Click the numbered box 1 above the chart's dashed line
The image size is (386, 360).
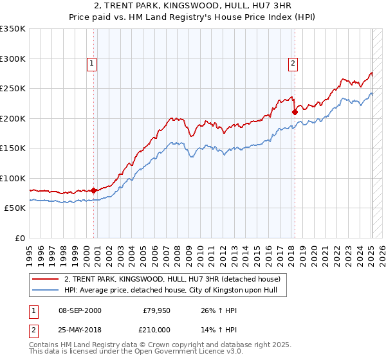click(93, 63)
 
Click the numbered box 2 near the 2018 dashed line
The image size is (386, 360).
click(293, 63)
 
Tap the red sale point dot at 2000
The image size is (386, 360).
click(94, 190)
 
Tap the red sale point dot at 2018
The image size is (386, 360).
click(295, 112)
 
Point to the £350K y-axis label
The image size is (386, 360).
click(13, 29)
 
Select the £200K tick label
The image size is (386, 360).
click(13, 118)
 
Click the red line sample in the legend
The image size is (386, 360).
click(46, 280)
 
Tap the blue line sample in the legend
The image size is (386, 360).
click(46, 291)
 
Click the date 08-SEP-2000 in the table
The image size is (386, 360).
click(80, 310)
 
